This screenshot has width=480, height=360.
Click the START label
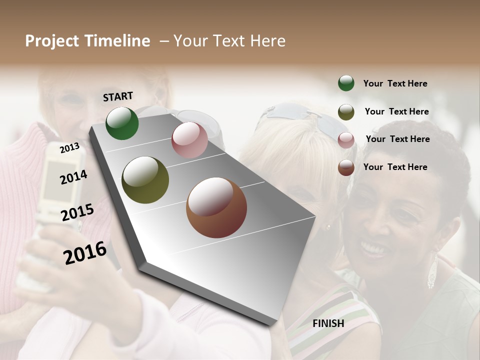(118, 96)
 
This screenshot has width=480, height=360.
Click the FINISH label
(328, 323)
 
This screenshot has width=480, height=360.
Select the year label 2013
(69, 148)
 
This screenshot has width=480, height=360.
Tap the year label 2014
(73, 177)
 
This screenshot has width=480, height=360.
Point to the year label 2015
(77, 212)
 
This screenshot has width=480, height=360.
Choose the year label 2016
(85, 252)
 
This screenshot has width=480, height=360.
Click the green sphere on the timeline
(122, 123)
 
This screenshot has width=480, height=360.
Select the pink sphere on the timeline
(189, 140)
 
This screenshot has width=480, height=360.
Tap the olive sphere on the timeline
(145, 180)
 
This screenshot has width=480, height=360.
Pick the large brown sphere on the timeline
(216, 207)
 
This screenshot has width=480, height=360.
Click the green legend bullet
(346, 83)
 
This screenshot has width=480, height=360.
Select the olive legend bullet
(346, 112)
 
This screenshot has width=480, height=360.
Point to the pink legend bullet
(346, 140)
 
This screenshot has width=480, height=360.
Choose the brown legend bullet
(346, 167)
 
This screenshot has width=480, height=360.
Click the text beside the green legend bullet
(395, 83)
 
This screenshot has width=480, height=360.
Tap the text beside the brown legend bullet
(395, 167)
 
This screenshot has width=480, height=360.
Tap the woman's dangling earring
(432, 272)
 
